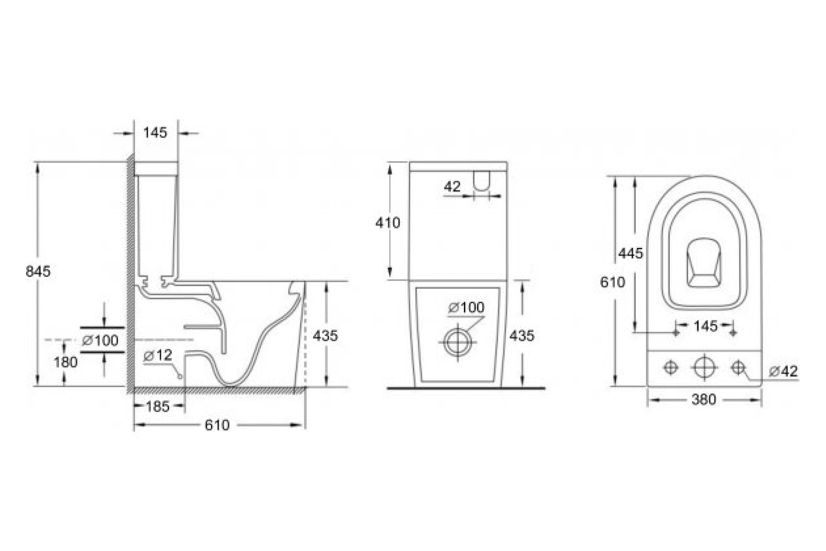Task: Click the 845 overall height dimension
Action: [x=38, y=271]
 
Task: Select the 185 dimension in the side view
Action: [x=157, y=407]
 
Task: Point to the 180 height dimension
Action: [x=66, y=362]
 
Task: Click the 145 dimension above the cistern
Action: [x=156, y=133]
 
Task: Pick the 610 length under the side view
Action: [x=217, y=425]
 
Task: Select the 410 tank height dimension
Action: [x=388, y=223]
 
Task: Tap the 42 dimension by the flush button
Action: [x=452, y=187]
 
